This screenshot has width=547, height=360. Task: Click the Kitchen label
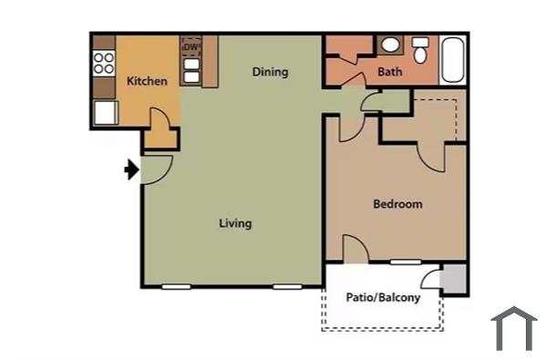coord(147,81)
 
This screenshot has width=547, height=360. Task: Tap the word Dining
coord(270,72)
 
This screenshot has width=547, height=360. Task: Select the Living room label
coord(235,223)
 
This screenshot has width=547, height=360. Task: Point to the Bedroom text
coord(397,204)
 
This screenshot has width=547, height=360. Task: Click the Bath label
coord(390,72)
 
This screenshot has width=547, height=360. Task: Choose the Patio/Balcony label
coord(383,297)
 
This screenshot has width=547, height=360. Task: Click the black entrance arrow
coord(130,170)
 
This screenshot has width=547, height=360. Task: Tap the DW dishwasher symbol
coord(191,46)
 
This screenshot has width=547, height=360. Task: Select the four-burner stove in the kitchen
coord(104,63)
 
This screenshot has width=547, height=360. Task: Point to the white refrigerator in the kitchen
coord(105,112)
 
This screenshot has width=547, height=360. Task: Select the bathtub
coord(452,59)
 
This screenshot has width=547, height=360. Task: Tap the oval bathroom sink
coord(389,45)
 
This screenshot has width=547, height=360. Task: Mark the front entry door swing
coord(156,168)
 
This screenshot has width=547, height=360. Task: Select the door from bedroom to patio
coord(354,250)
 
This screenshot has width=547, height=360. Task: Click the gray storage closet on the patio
coord(453,278)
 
